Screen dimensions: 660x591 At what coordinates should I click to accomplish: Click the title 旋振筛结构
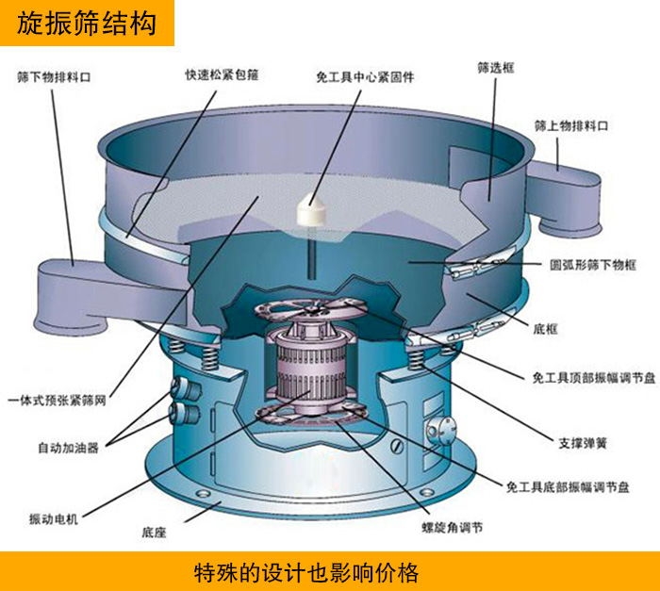[x=87, y=23]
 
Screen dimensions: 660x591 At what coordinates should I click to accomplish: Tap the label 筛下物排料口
[x=54, y=77]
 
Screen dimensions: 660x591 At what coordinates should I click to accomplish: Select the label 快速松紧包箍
[x=222, y=74]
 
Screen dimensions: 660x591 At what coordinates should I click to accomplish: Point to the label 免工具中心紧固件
[x=365, y=77]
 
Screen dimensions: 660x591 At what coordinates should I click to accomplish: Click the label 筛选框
[x=496, y=68]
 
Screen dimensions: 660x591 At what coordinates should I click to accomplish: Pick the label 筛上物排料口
[x=571, y=125]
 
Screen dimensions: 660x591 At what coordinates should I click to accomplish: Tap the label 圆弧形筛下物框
[x=593, y=265]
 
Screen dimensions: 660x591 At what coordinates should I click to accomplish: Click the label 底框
[x=546, y=329]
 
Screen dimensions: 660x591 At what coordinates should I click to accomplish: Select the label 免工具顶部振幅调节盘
[x=594, y=378]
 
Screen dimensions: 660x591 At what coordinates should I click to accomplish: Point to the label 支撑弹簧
[x=583, y=443]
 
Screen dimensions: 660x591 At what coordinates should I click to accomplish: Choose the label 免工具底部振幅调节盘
[x=568, y=487]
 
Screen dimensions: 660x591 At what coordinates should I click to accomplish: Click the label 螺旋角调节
[x=452, y=527]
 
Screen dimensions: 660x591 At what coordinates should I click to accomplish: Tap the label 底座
[x=154, y=533]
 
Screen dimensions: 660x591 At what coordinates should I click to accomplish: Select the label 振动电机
[x=54, y=519]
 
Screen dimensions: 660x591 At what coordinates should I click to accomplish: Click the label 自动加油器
[x=68, y=448]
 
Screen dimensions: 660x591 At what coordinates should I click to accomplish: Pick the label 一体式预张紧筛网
[x=57, y=401]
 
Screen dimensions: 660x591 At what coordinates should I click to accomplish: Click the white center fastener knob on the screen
[x=312, y=209]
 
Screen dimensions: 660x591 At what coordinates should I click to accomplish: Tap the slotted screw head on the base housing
[x=397, y=446]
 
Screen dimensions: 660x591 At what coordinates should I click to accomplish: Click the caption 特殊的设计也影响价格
[x=306, y=572]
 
